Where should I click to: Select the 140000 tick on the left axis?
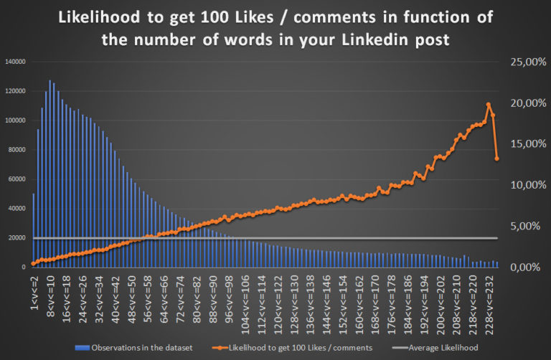point(16,62)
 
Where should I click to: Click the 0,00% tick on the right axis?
point(524,267)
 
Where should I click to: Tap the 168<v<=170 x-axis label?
point(378,295)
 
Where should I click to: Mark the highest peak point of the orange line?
point(489,105)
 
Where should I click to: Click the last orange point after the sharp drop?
point(497,158)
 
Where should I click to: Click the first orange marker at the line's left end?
point(33,263)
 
